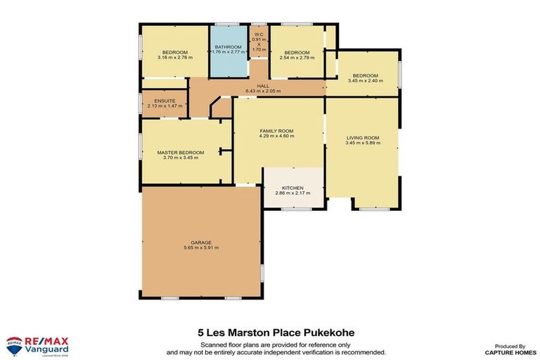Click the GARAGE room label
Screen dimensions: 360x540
(x=201, y=241)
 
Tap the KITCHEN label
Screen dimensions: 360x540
(x=292, y=188)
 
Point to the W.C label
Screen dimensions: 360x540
(x=259, y=34)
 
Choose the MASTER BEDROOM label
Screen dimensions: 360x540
(x=181, y=153)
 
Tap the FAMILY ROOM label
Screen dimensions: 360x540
(x=276, y=131)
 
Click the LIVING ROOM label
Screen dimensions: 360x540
(x=363, y=138)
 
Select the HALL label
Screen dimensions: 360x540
(x=263, y=86)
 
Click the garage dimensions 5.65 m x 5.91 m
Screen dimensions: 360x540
(x=201, y=247)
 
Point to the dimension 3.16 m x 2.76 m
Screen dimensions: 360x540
(x=175, y=58)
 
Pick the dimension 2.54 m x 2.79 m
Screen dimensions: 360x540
(x=297, y=58)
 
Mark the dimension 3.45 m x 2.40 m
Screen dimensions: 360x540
(x=365, y=82)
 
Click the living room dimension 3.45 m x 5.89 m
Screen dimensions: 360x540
(x=363, y=143)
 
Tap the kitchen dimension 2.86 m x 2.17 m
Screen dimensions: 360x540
(x=292, y=194)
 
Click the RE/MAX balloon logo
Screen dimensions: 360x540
(x=13, y=345)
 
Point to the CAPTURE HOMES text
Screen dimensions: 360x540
(x=506, y=352)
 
